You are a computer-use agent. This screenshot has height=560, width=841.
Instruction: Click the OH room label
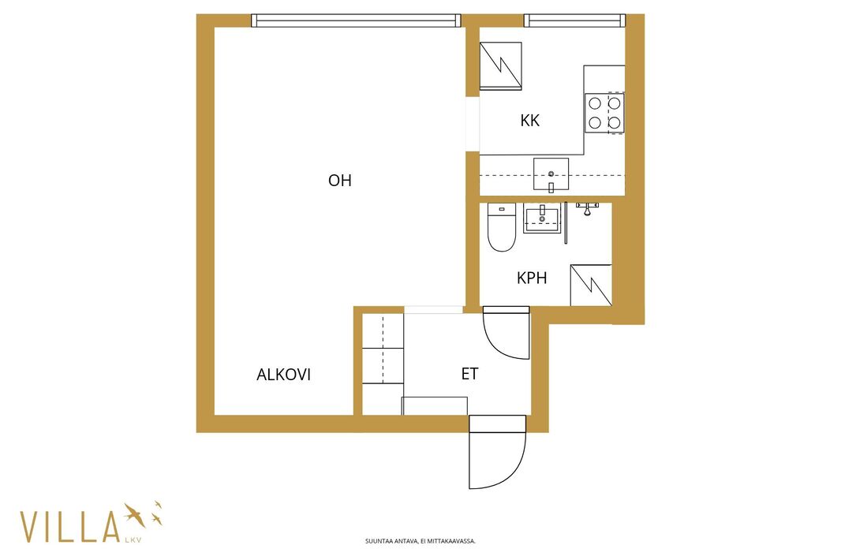pyautogui.click(x=340, y=181)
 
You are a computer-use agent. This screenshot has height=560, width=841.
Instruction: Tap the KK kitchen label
pyautogui.click(x=530, y=120)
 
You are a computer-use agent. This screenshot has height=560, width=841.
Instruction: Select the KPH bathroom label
pyautogui.click(x=532, y=278)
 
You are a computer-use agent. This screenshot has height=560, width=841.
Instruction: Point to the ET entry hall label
pyautogui.click(x=469, y=374)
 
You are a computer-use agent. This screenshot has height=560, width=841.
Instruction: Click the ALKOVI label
pyautogui.click(x=284, y=375)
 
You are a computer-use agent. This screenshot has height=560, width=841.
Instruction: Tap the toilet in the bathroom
pyautogui.click(x=502, y=227)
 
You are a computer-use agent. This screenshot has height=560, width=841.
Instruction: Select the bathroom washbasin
pyautogui.click(x=542, y=218)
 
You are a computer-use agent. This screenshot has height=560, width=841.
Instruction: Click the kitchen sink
pyautogui.click(x=551, y=174)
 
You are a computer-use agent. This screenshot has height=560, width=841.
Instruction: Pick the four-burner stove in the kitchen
pyautogui.click(x=604, y=113)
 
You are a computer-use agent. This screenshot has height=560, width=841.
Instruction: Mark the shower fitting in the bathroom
pyautogui.click(x=588, y=208)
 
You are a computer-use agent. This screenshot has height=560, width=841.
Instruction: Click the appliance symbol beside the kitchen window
pyautogui.click(x=500, y=65)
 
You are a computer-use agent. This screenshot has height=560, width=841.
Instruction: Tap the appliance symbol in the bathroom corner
pyautogui.click(x=591, y=286)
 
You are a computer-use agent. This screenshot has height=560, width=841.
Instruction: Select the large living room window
pyautogui.click(x=356, y=21)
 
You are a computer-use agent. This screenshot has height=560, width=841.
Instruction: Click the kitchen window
pyautogui.click(x=574, y=21)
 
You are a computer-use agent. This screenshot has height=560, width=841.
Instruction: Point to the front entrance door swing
pyautogui.click(x=497, y=452)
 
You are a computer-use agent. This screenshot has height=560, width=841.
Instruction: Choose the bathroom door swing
pyautogui.click(x=506, y=333)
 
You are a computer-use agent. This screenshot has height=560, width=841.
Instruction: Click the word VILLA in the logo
pyautogui.click(x=69, y=527)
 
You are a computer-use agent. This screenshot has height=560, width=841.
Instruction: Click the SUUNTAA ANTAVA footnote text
pyautogui.click(x=420, y=541)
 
